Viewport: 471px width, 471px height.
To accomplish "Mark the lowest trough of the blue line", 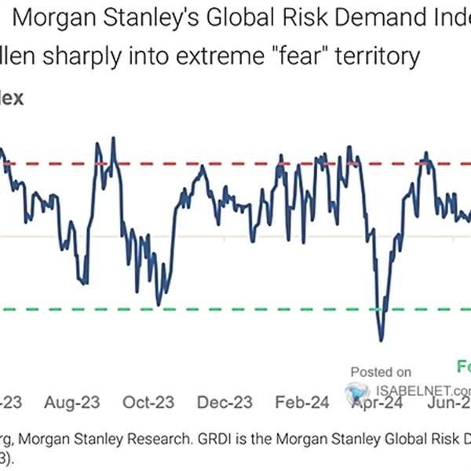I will [x=382, y=340].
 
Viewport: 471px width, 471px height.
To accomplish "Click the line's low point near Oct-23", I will [x=159, y=305].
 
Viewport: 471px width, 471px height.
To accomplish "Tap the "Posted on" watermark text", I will [x=380, y=372].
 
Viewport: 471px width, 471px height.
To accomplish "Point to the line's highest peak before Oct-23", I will [x=114, y=138].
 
